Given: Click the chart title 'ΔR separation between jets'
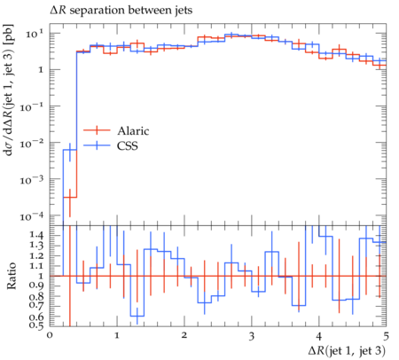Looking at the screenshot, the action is coord(121,11).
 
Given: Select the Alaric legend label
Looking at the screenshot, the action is coord(133,130).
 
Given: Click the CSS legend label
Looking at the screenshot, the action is coord(128,145).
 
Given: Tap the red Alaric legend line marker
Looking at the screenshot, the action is coord(97,130).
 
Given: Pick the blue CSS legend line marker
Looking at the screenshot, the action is coord(97,145).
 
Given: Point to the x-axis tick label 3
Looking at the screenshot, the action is coord(252,336).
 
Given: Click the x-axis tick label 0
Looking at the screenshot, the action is coord(50,335).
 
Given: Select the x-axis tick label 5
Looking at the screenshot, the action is coord(386,336).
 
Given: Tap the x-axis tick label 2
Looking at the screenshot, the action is coord(184,335).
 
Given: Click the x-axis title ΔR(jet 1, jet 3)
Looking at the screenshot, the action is coord(347,351).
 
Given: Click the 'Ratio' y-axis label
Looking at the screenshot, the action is coord(11,276).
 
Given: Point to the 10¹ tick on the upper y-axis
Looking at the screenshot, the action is coord(34,35).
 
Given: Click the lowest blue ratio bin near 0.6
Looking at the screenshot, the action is coord(137,316).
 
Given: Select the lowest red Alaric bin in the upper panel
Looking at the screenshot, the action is coord(70,197).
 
